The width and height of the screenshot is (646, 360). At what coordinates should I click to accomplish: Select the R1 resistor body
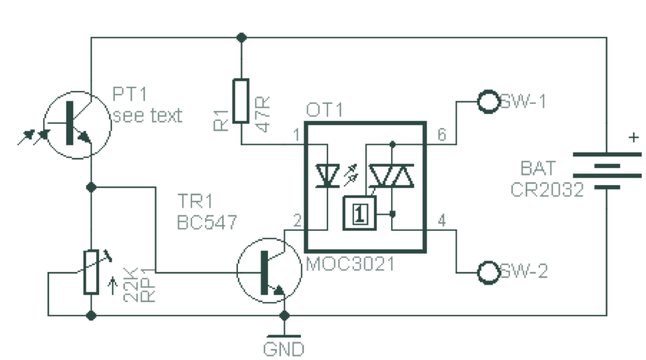[241, 100]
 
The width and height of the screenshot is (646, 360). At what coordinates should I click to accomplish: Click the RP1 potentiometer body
[91, 272]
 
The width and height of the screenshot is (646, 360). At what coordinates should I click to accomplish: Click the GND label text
[284, 349]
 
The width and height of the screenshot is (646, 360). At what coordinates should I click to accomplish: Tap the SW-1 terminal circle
[488, 102]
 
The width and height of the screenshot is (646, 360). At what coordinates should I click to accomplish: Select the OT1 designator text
[324, 110]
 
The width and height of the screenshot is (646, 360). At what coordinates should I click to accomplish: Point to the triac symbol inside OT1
[392, 176]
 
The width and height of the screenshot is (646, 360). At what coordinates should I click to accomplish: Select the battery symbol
[606, 170]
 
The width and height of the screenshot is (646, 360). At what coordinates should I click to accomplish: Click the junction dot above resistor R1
[241, 37]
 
